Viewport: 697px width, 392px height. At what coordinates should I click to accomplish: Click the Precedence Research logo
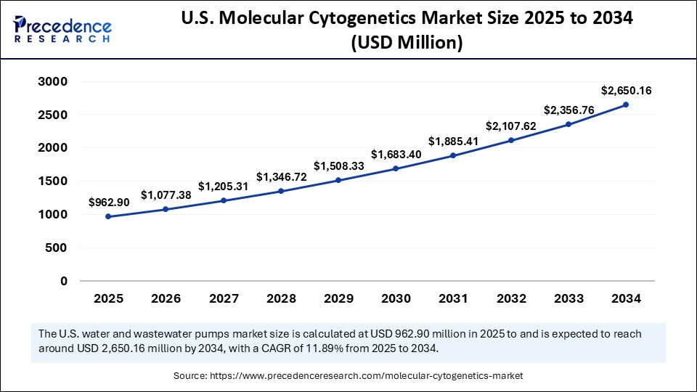[x=62, y=29]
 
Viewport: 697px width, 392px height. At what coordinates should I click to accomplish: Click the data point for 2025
[x=108, y=216]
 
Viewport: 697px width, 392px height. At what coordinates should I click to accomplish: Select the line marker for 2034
[x=626, y=105]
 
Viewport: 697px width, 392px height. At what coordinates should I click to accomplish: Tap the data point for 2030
[x=396, y=168]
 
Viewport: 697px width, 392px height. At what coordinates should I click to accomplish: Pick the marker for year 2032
[x=511, y=140]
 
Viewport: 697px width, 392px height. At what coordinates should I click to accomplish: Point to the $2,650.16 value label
[x=626, y=91]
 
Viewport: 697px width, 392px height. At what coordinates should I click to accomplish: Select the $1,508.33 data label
[x=338, y=166]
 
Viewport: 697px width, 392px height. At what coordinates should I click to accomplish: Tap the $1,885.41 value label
[x=453, y=141]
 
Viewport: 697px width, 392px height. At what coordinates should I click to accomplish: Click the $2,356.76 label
[x=568, y=110]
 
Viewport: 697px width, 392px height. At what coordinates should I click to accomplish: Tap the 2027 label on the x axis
[x=223, y=298]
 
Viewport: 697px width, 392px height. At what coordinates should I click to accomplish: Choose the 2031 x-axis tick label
[x=453, y=298]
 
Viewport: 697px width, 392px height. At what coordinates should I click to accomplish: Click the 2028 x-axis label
[x=280, y=298]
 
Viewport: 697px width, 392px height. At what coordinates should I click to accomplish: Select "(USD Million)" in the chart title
[x=407, y=43]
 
